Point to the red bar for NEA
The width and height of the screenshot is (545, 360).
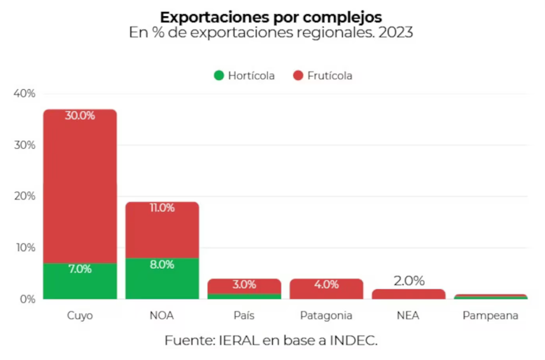point(408,294)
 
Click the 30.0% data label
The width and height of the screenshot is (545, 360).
point(80,116)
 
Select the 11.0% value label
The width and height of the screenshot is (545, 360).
point(162,208)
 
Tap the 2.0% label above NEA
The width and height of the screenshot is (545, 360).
point(408,281)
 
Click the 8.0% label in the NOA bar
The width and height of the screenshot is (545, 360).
point(162,265)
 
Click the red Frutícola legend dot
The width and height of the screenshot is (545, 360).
point(297,76)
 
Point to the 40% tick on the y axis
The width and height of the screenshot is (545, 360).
point(25,93)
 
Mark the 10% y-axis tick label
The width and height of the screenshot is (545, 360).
point(25,248)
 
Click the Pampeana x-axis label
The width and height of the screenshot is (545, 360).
point(490,316)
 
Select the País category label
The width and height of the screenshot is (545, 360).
point(244,316)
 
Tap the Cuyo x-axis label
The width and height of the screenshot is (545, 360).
point(80,316)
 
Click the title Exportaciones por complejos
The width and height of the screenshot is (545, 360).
point(271,16)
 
